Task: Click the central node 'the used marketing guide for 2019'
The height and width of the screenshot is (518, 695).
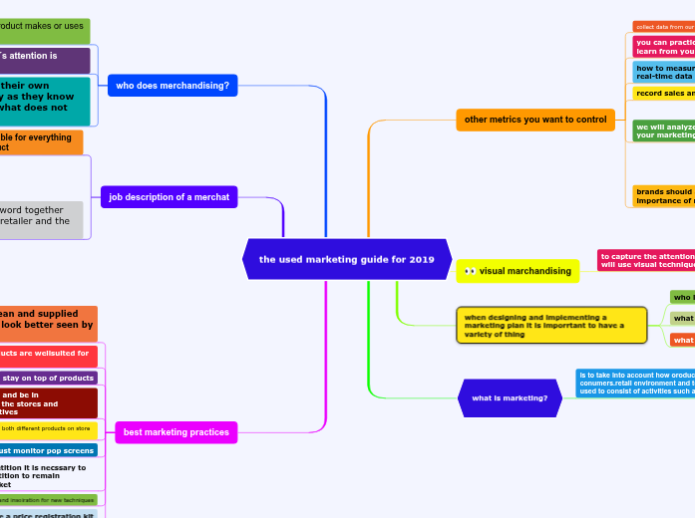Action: pos(347,259)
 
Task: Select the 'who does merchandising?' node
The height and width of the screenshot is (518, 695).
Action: pos(173,86)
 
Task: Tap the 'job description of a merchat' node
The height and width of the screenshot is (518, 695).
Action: pos(169,197)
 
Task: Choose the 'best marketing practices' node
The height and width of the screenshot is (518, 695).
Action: pos(175,432)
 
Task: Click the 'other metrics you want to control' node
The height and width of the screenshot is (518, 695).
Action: pos(535,120)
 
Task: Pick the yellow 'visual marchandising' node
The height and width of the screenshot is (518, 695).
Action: pos(519,271)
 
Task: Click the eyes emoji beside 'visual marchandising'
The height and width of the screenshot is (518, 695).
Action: pos(470,271)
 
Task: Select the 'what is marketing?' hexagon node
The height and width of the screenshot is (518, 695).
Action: pos(510,398)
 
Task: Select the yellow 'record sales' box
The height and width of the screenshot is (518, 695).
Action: pos(664,94)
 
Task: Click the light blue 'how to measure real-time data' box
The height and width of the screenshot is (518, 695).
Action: pos(664,71)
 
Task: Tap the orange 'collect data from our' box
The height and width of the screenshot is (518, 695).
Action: pos(664,27)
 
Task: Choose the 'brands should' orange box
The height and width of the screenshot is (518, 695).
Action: pos(664,196)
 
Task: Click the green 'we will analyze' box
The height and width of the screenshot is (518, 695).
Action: pos(664,130)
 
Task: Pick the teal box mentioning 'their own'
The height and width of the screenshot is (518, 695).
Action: pos(44,100)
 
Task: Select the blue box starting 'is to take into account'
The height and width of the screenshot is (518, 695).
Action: pos(635,384)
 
